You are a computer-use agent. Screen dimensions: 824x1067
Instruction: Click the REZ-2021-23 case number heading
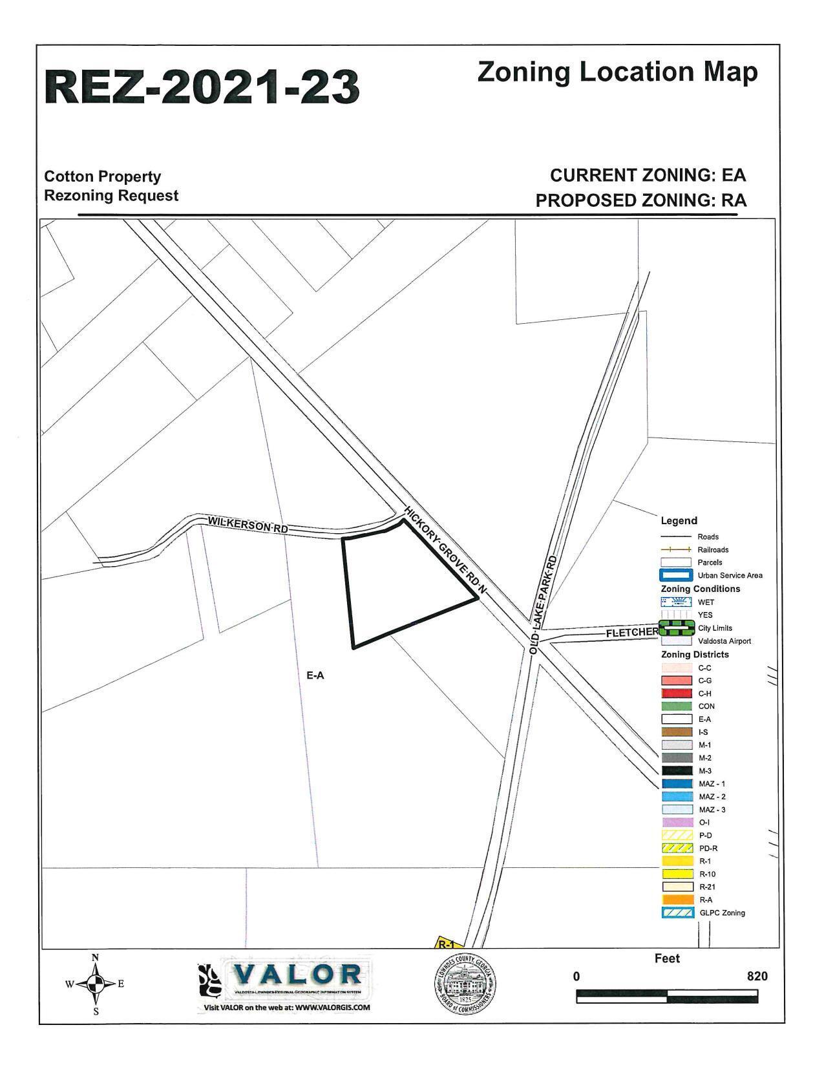tap(202, 87)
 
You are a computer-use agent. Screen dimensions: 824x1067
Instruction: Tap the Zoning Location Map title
tap(617, 72)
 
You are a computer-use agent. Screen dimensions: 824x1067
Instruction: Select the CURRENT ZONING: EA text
tap(648, 175)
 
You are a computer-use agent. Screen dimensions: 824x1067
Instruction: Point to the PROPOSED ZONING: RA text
tap(640, 200)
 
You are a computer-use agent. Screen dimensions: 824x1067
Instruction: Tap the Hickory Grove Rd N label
tap(444, 549)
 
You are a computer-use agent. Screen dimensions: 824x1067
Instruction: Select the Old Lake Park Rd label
tap(543, 604)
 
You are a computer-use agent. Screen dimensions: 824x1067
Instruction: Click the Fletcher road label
tap(631, 633)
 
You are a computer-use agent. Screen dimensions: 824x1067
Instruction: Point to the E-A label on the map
tap(315, 675)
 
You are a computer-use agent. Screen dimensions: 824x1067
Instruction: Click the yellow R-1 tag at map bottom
tap(447, 943)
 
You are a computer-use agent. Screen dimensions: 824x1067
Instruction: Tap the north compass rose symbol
tap(95, 984)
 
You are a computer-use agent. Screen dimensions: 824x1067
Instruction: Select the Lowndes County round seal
tap(465, 984)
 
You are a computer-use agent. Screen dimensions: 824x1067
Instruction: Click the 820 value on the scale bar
tap(757, 976)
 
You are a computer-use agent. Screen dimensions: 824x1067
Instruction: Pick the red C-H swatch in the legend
tap(675, 693)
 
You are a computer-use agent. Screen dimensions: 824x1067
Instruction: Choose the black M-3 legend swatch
tap(675, 771)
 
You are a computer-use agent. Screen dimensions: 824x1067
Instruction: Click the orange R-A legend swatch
tap(675, 900)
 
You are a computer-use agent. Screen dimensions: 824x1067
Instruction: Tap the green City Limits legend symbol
tap(675, 628)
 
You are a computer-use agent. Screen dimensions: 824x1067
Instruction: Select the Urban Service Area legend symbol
tap(675, 575)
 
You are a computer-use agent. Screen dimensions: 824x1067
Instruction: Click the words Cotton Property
tap(102, 176)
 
